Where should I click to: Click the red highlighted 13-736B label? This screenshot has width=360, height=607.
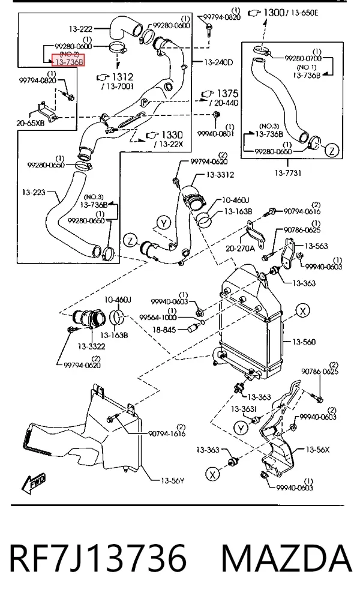[68, 62]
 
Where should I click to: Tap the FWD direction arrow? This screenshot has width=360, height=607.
[34, 483]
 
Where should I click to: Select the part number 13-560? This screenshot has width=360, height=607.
[304, 342]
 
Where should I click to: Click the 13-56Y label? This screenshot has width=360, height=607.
[172, 481]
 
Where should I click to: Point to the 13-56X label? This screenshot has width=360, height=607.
[317, 450]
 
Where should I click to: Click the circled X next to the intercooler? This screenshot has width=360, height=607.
[303, 311]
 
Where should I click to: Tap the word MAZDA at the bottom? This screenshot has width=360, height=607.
[287, 558]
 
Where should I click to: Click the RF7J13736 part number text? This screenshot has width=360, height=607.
[98, 558]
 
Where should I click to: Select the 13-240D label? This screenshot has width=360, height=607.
[218, 62]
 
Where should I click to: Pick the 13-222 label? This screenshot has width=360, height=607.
[80, 29]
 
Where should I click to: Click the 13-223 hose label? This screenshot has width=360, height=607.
[34, 192]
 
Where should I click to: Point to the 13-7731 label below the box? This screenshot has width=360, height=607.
[287, 173]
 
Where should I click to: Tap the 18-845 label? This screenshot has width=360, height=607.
[164, 330]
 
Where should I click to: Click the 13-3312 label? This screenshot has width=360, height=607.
[220, 175]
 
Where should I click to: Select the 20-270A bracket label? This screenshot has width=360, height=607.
[241, 248]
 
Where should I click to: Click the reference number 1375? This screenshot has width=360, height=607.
[228, 94]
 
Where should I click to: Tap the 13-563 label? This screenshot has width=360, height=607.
[316, 246]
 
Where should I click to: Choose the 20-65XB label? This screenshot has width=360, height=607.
[31, 124]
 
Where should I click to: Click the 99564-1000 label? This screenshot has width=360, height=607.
[158, 318]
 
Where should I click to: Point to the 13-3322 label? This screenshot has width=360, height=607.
[91, 346]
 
